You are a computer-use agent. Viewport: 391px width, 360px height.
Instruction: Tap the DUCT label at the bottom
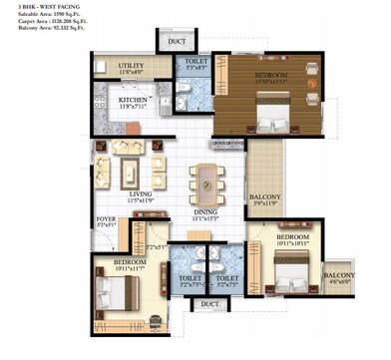click(208, 303)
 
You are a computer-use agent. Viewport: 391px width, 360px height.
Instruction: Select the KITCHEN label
click(133, 100)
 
